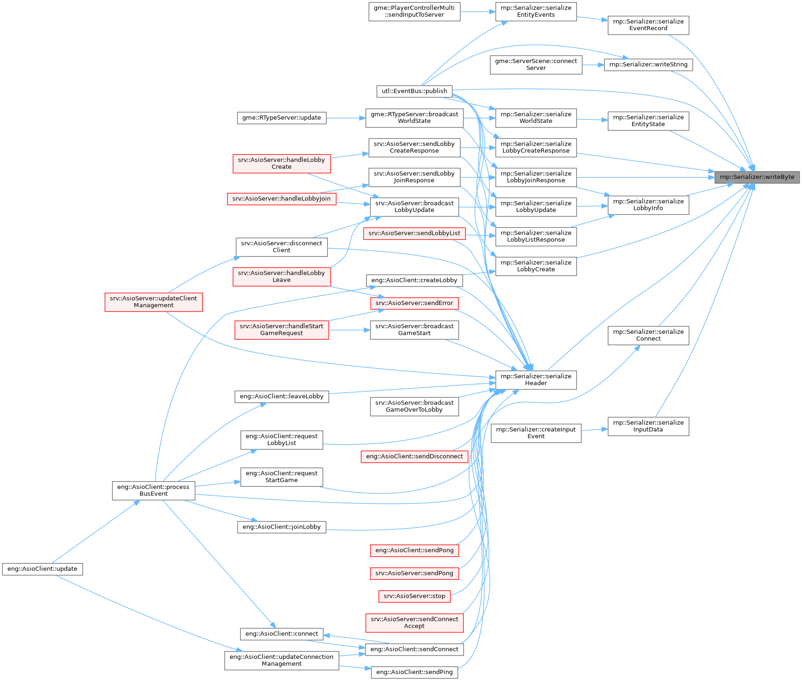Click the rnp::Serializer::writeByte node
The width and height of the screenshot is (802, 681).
coord(757,177)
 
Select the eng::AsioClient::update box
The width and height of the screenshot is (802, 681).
coord(42,569)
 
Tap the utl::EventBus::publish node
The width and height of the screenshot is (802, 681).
coord(414,91)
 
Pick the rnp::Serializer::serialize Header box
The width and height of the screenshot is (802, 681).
coord(536,380)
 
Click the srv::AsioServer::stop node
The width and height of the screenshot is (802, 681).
coord(414,596)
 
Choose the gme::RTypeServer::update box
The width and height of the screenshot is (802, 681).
coord(282,118)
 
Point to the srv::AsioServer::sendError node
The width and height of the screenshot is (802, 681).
coord(414,303)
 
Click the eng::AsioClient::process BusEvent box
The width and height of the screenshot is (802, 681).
coord(153,490)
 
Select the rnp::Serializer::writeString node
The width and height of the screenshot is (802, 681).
coord(648,64)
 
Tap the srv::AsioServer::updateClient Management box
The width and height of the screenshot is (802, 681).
coord(153,302)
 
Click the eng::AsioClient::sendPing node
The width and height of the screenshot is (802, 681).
coord(414,672)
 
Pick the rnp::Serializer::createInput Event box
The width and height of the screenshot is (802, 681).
coord(536,433)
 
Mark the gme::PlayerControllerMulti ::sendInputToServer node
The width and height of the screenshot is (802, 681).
coord(414,11)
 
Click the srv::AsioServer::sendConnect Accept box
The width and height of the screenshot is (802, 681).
coord(414,623)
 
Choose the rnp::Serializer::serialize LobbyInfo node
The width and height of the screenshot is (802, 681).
coord(648,205)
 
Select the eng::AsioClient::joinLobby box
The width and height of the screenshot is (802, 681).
coord(282,527)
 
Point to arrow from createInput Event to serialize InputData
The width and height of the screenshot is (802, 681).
coord(594,430)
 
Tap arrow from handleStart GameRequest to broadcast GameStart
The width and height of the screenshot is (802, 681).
coord(350,330)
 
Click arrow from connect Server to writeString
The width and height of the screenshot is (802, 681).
coord(593,65)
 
